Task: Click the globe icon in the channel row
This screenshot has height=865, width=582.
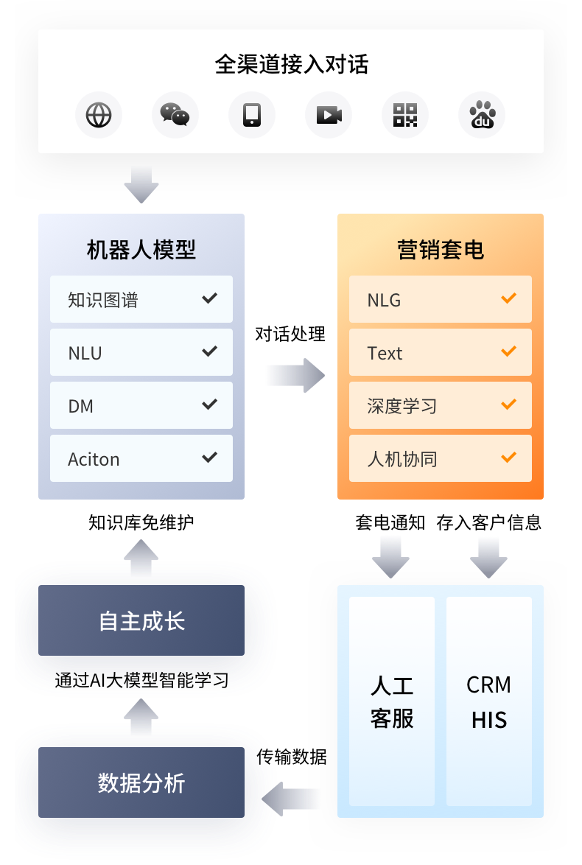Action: click(99, 115)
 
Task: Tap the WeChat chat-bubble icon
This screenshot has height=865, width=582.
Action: click(175, 115)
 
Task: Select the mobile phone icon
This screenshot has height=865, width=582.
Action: click(252, 115)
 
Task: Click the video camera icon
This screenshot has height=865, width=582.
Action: click(329, 115)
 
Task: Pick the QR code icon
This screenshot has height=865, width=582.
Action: click(405, 115)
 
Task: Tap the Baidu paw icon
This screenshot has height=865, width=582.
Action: click(482, 115)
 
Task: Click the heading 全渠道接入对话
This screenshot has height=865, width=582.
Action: click(291, 64)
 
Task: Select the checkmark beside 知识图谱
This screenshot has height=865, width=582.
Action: click(210, 298)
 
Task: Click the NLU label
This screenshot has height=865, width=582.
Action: click(85, 353)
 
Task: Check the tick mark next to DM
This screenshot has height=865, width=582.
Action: click(210, 405)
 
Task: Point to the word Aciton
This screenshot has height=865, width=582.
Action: click(94, 459)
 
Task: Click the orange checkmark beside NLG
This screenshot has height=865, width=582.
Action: click(508, 298)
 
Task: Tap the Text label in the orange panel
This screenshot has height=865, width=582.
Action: click(385, 353)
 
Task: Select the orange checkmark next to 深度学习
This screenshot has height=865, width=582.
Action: click(508, 405)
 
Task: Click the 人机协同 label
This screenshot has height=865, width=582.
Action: click(402, 459)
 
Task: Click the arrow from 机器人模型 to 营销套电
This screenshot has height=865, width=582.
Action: click(295, 376)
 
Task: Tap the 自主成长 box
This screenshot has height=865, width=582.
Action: click(141, 621)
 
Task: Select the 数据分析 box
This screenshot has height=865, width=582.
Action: click(141, 783)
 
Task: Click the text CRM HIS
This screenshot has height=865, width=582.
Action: click(489, 701)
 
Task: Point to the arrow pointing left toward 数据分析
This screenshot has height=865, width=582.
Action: click(292, 798)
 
